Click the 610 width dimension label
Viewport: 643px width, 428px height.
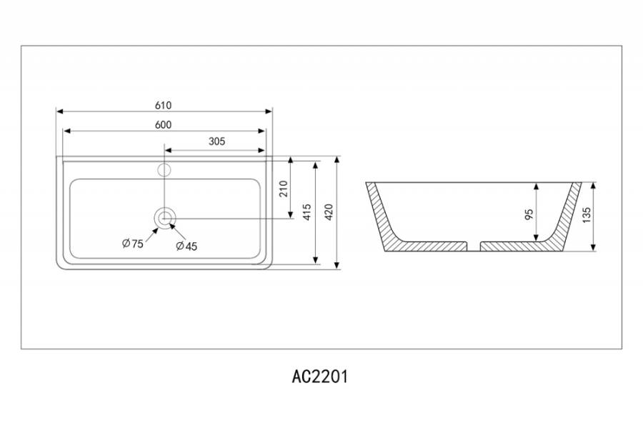pos(163,105)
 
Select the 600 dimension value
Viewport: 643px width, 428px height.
pos(163,124)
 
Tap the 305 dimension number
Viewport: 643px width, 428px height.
pos(217,141)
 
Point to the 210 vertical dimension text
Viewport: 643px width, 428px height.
pos(283,189)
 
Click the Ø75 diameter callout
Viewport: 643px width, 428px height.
pos(132,244)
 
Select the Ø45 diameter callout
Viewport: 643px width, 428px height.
pos(186,246)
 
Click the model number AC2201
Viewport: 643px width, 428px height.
pos(320,377)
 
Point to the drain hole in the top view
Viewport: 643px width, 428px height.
pos(165,217)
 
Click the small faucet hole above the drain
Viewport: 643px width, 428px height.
pos(164,170)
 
